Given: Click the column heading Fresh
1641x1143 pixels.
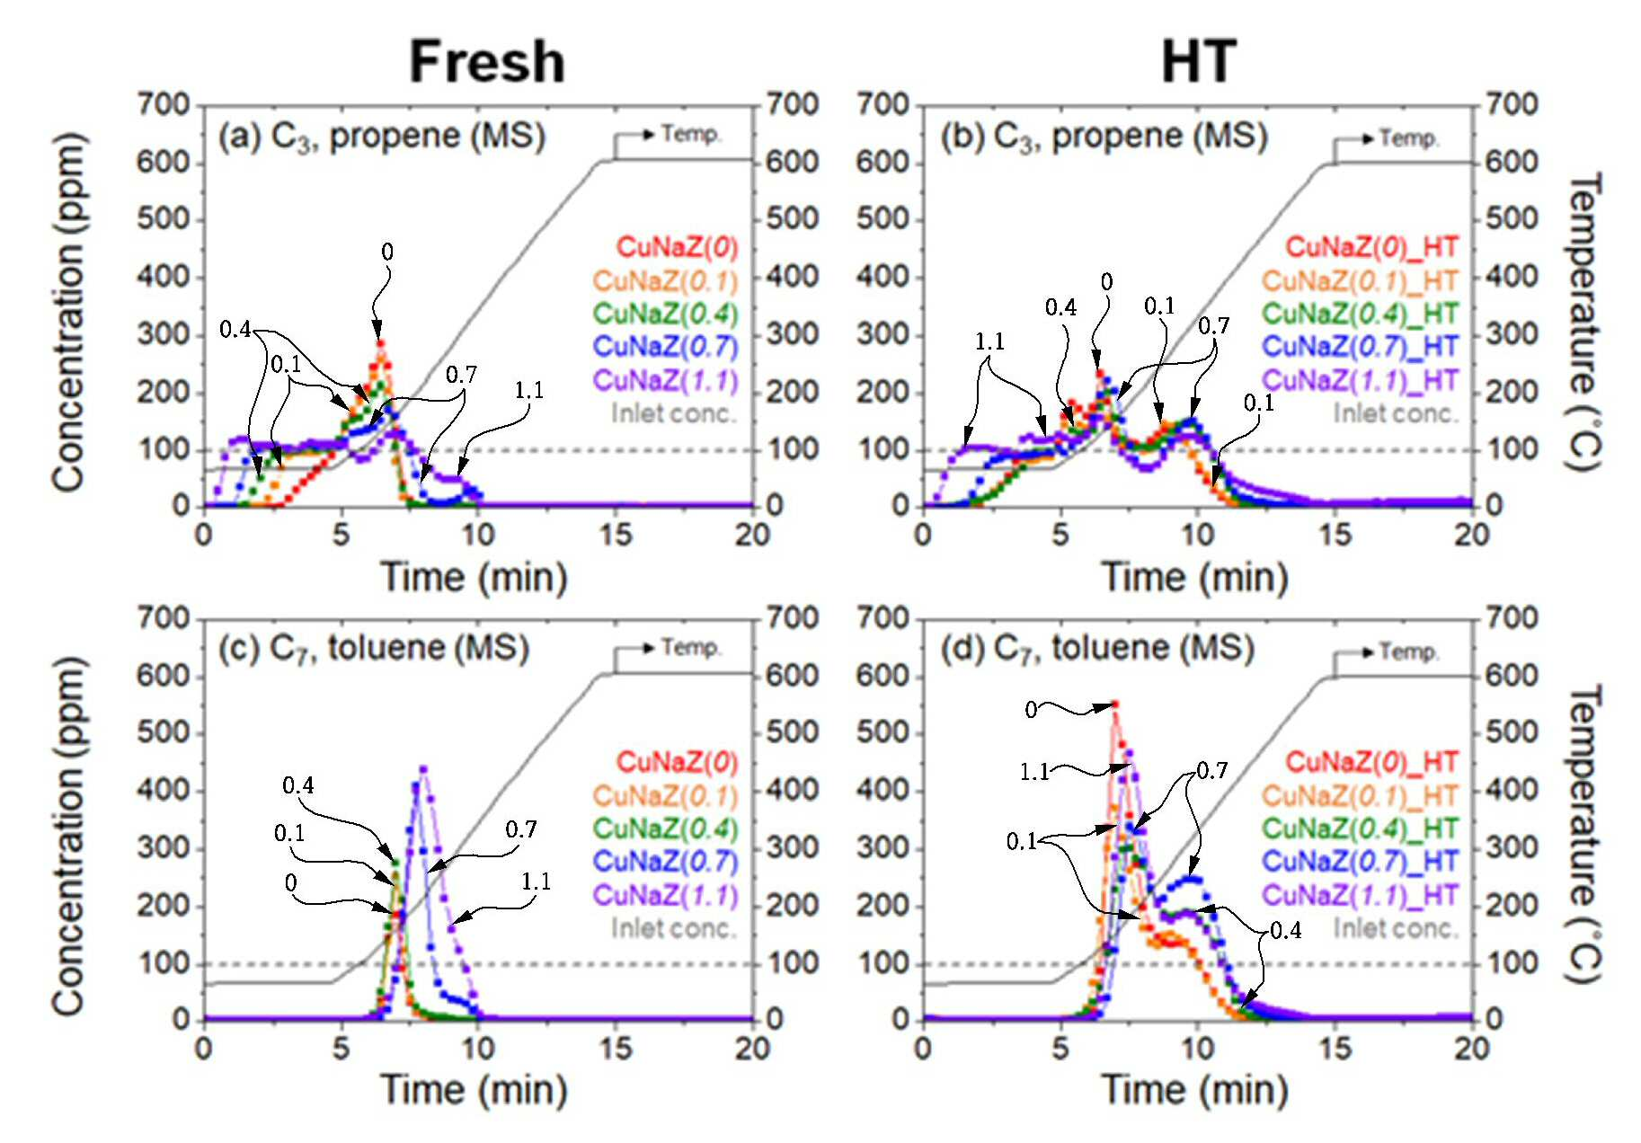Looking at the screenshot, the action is pyautogui.click(x=487, y=62).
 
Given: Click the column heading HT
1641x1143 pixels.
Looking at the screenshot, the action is pyautogui.click(x=1199, y=62).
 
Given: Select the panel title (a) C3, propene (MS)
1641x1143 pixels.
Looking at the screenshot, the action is pyautogui.click(x=382, y=137).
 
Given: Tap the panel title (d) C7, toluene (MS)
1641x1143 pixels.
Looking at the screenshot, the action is pyautogui.click(x=1097, y=649).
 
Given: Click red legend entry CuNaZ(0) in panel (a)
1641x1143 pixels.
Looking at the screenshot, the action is pyautogui.click(x=677, y=247).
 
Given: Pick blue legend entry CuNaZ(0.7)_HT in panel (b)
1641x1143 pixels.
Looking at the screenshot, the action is pyautogui.click(x=1360, y=346).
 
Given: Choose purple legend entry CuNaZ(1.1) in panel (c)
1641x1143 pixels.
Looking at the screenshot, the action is pyautogui.click(x=665, y=895).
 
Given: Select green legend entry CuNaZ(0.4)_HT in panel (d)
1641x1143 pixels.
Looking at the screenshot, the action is pyautogui.click(x=1360, y=828).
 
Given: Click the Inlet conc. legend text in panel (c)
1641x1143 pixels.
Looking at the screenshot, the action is pyautogui.click(x=674, y=927).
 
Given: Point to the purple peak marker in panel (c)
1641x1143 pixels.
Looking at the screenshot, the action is pyautogui.click(x=423, y=768).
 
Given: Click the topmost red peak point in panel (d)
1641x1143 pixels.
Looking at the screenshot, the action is pyautogui.click(x=1115, y=704).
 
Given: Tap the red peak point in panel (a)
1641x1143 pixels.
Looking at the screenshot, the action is pyautogui.click(x=380, y=342).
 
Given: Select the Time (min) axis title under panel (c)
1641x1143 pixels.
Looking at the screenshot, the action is pyautogui.click(x=474, y=1090).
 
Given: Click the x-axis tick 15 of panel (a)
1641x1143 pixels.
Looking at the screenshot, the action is pyautogui.click(x=616, y=535).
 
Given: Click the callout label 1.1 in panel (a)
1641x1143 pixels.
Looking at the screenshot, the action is pyautogui.click(x=529, y=390).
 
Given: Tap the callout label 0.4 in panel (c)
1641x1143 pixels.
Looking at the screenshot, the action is pyautogui.click(x=298, y=785).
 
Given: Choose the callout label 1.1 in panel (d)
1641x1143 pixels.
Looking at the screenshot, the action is pyautogui.click(x=1034, y=772).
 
